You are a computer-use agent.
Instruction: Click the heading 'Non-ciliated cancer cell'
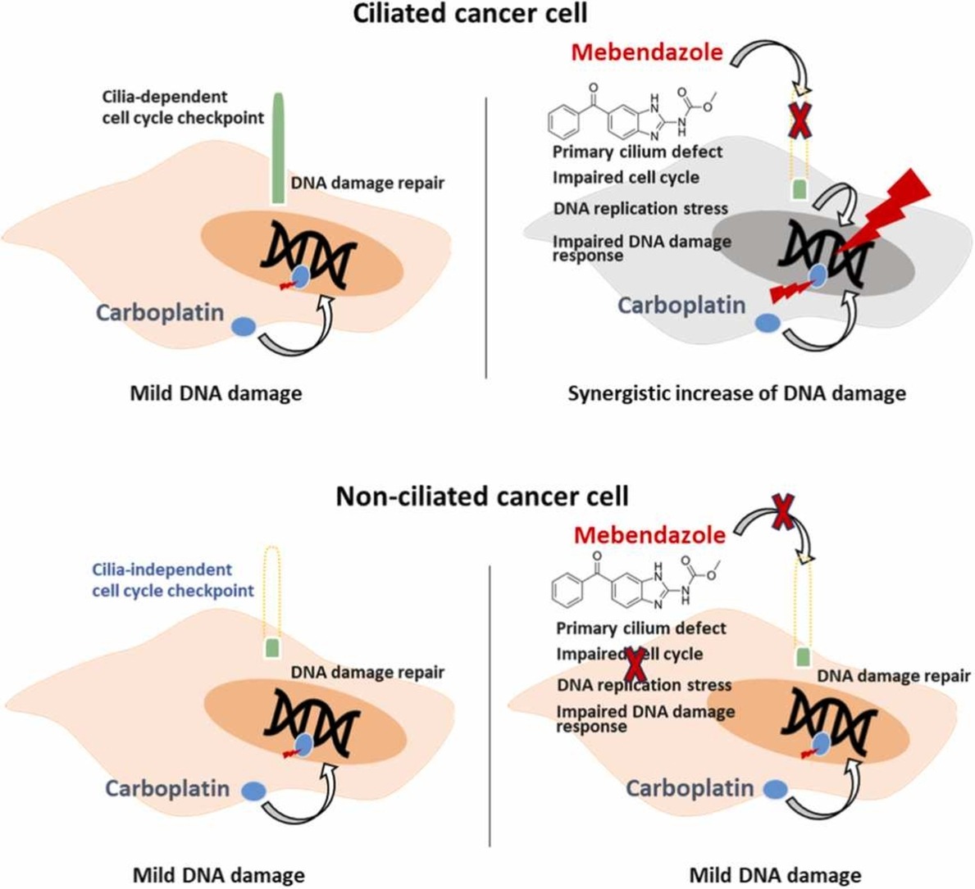[482, 496]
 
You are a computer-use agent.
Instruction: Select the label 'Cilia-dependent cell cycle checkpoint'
[183, 107]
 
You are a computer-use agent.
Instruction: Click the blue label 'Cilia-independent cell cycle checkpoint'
[173, 579]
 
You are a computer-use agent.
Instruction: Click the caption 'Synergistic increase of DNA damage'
[736, 393]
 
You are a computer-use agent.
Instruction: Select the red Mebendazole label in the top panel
[647, 52]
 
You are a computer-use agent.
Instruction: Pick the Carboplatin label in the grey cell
[681, 306]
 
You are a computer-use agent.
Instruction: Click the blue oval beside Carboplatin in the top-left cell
[244, 326]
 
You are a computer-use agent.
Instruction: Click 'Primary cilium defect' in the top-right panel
[637, 152]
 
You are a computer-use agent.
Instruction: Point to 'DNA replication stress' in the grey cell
[640, 208]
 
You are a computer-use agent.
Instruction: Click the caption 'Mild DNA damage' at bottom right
[775, 875]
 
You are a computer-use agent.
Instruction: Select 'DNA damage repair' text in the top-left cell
[367, 182]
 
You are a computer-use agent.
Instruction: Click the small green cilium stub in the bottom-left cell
[272, 649]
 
